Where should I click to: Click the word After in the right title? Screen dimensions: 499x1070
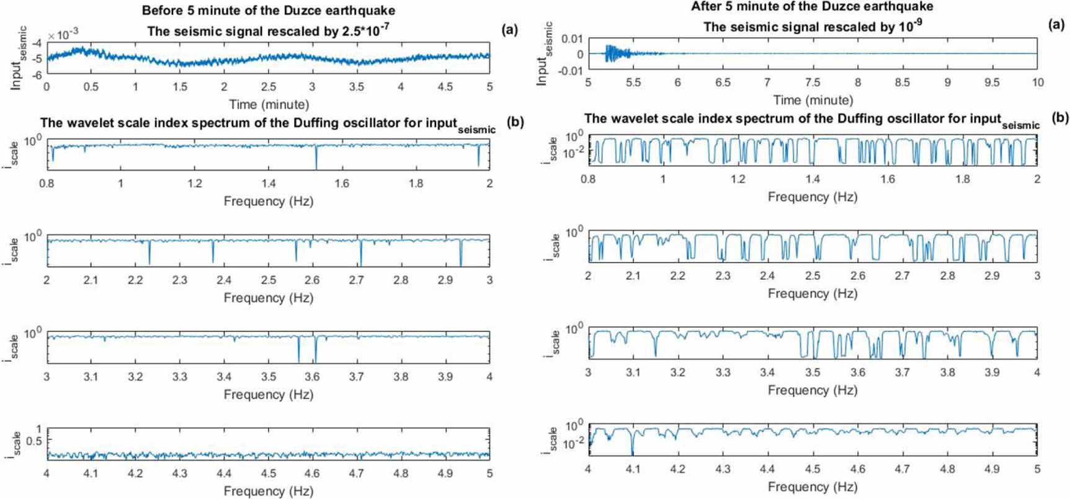click(x=708, y=7)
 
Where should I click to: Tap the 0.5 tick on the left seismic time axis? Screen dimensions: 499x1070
click(x=91, y=87)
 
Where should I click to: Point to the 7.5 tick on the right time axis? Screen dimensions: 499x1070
click(x=813, y=83)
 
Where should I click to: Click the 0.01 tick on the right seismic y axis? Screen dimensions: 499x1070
click(x=572, y=38)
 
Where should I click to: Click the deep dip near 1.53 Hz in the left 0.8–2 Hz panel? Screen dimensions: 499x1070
click(x=316, y=163)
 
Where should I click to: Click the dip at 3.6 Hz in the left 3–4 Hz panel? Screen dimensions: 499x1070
click(x=316, y=356)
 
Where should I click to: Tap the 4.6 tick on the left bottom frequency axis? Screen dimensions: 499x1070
click(x=312, y=474)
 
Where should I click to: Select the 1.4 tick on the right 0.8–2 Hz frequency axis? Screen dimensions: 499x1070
click(x=813, y=179)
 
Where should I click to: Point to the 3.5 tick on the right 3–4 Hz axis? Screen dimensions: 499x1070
click(x=813, y=372)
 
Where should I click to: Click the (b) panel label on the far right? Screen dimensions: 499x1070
click(x=1060, y=117)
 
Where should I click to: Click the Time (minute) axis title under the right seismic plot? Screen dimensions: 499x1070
click(x=813, y=100)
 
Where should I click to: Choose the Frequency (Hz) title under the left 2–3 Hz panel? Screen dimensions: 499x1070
click(x=268, y=298)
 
